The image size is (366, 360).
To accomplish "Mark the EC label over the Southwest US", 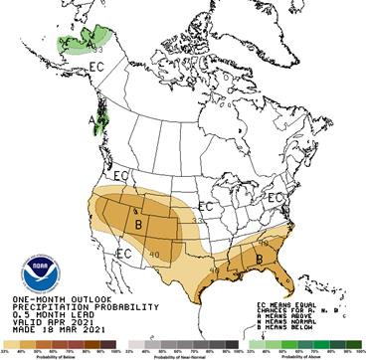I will tap(125, 255).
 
